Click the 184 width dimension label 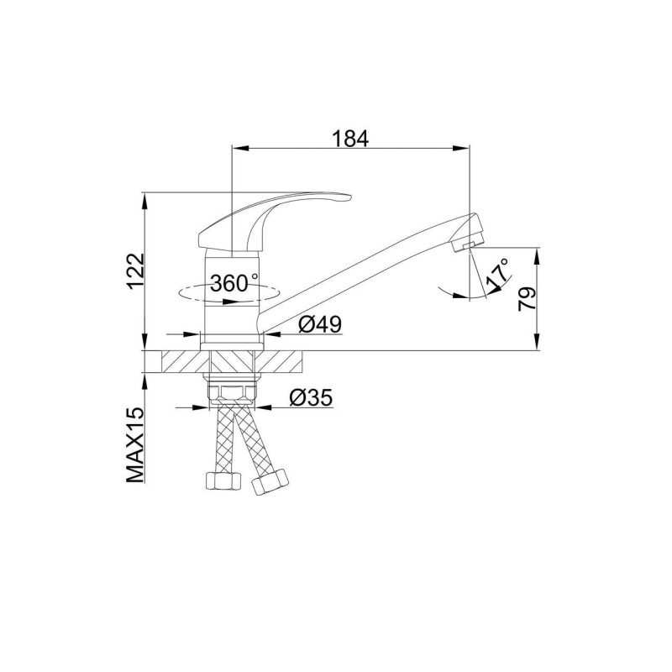(350, 139)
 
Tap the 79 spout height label (527, 298)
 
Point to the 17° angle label (498, 274)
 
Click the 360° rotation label (234, 283)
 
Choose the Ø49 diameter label (320, 324)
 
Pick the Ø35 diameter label (311, 397)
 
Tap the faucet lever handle (275, 221)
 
